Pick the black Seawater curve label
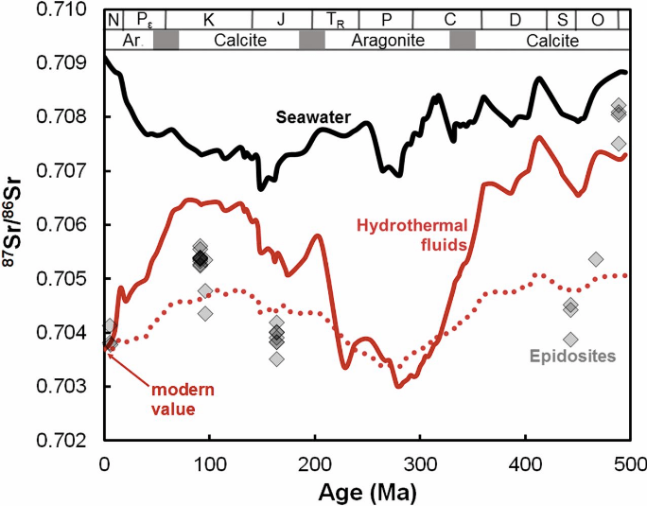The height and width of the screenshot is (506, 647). (313, 117)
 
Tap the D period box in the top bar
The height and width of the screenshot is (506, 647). (514, 20)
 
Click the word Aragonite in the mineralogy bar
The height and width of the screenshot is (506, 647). (387, 41)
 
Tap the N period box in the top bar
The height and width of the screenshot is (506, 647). (114, 20)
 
